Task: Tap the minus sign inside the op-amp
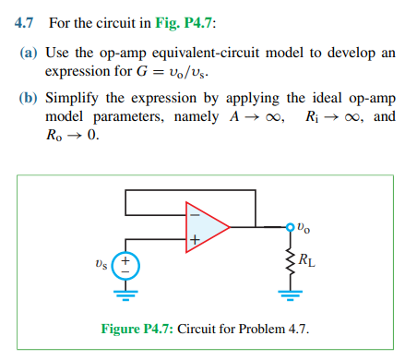[x=194, y=212]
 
